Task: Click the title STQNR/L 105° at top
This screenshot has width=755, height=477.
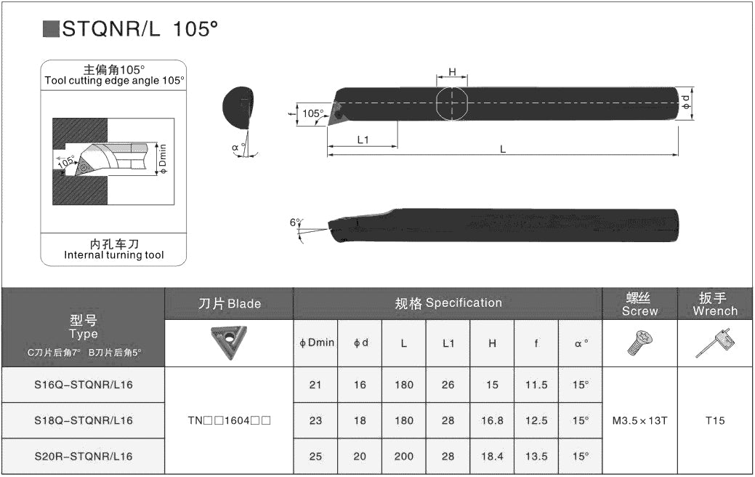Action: [x=140, y=29]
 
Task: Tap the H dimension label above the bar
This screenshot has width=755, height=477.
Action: [x=452, y=72]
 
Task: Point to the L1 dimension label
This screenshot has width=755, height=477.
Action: [x=363, y=140]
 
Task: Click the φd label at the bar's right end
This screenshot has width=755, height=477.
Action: [x=686, y=102]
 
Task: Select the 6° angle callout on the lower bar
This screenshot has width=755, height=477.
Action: [x=295, y=222]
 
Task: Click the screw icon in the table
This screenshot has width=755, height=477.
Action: [x=639, y=342]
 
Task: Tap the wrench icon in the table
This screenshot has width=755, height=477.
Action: [x=715, y=343]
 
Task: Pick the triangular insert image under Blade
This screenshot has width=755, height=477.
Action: [x=229, y=342]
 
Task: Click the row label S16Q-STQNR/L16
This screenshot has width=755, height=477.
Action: [x=84, y=385]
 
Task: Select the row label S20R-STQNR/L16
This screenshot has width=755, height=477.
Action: [x=84, y=456]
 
